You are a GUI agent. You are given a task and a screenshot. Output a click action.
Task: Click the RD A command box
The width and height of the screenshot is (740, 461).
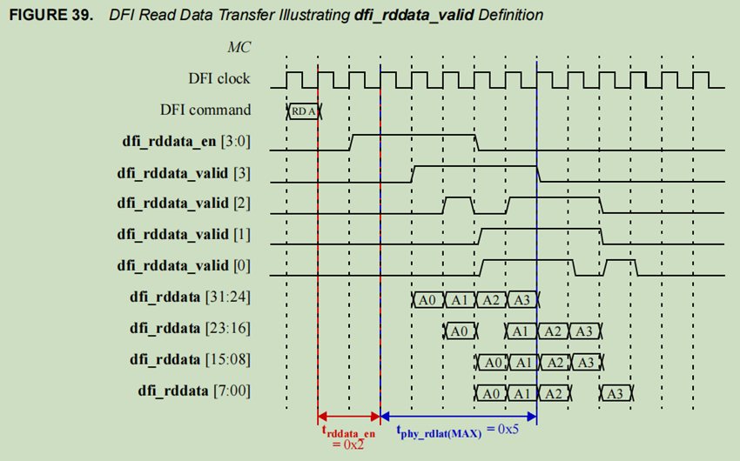pyautogui.click(x=303, y=110)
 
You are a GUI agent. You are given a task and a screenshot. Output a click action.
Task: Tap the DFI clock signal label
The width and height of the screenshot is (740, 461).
pyautogui.click(x=219, y=78)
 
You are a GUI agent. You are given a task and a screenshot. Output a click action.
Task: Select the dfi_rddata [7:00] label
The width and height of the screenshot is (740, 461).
pyautogui.click(x=194, y=391)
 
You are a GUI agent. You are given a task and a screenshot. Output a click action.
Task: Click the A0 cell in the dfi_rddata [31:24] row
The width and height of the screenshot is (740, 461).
pyautogui.click(x=427, y=299)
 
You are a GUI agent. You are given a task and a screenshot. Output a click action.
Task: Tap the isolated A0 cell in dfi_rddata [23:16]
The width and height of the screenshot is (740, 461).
pyautogui.click(x=460, y=331)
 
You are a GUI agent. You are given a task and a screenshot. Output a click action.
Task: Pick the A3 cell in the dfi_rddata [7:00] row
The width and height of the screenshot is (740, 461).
pyautogui.click(x=616, y=393)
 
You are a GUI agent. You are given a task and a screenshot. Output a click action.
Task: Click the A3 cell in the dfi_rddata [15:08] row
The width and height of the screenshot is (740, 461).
pyautogui.click(x=585, y=362)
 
